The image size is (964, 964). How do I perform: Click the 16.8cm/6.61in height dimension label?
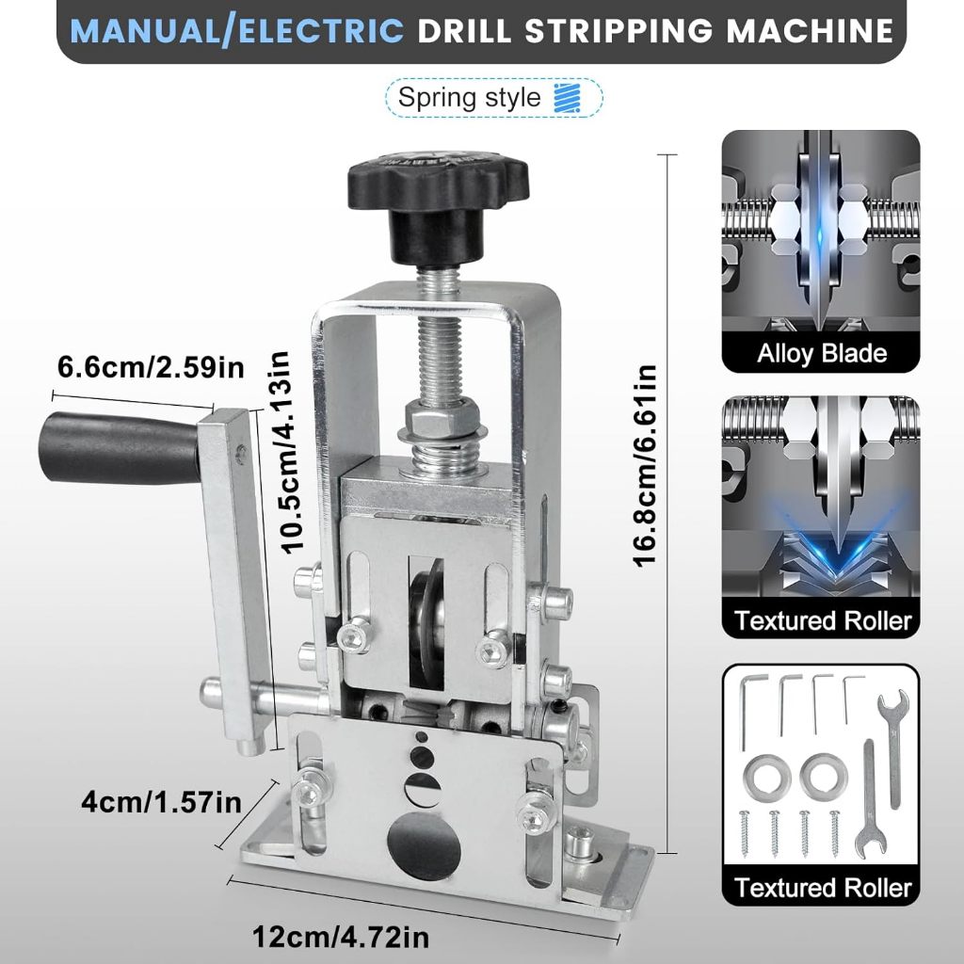click(645, 465)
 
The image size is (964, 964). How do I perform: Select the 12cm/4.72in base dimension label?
click(341, 938)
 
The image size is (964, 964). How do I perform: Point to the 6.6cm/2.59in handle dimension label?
click(151, 368)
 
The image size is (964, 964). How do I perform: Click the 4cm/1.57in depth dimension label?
click(162, 803)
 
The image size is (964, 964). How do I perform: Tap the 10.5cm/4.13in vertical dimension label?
click(286, 453)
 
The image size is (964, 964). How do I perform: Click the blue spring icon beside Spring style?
click(567, 98)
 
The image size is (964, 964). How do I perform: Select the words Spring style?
click(469, 98)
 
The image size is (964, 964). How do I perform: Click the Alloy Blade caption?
click(821, 354)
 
